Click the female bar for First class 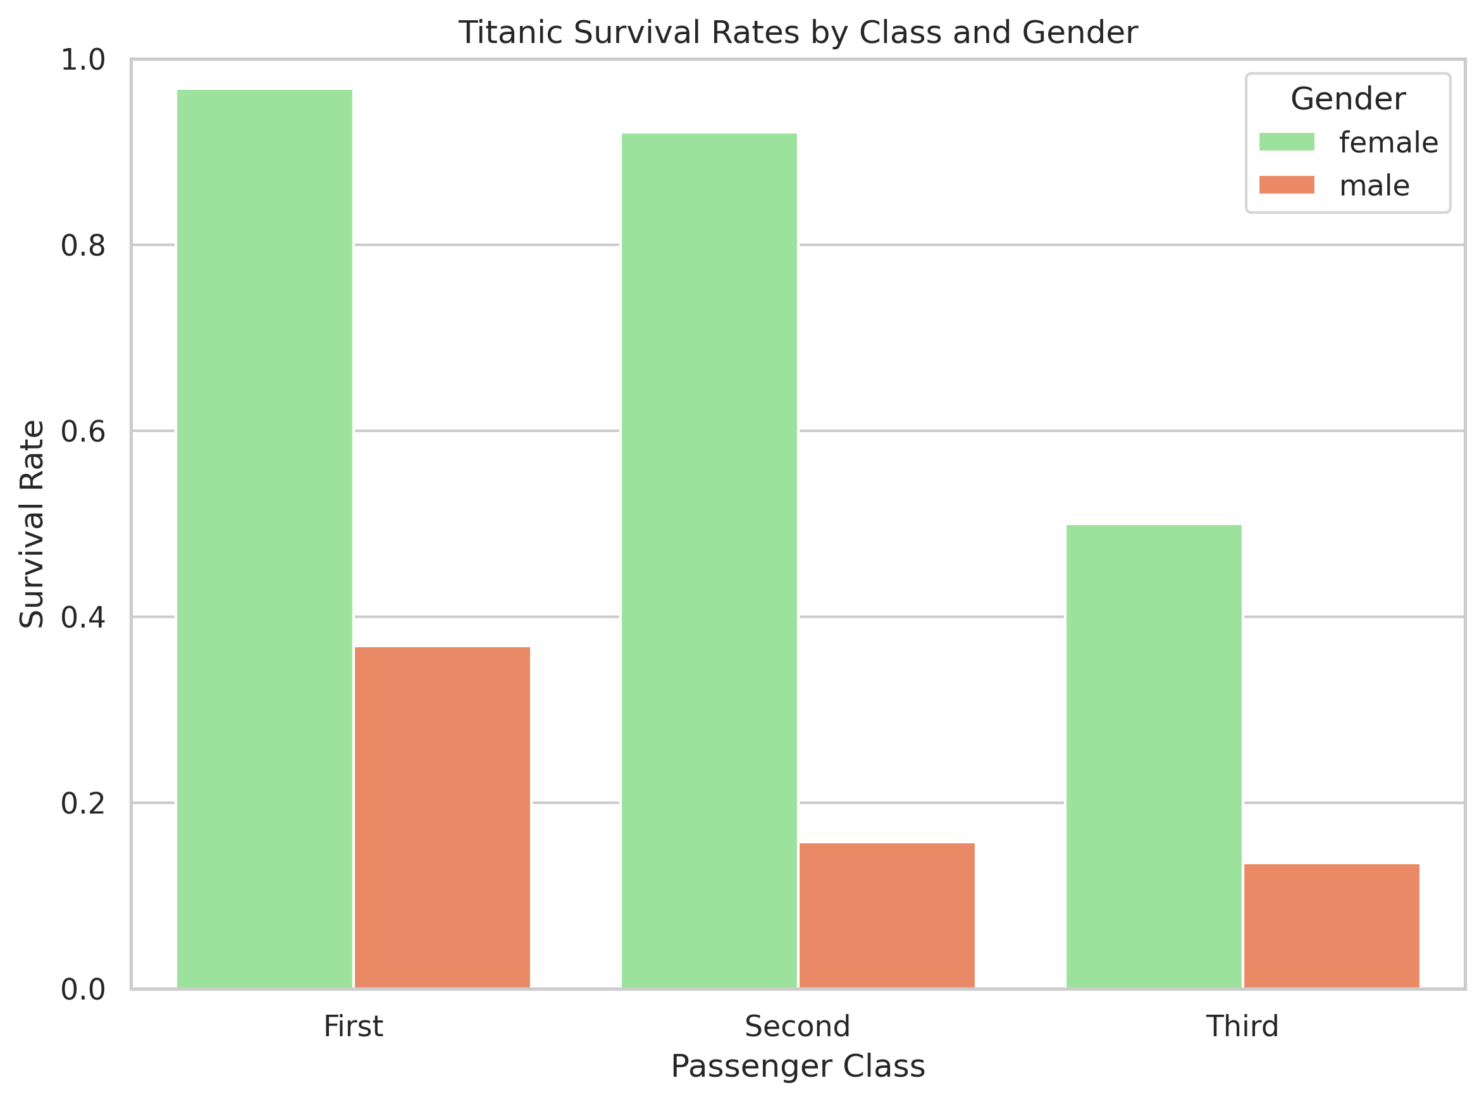click(264, 539)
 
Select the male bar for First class click(442, 817)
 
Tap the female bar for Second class click(709, 560)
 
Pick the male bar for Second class click(887, 915)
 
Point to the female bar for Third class click(1154, 757)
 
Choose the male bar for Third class click(1332, 926)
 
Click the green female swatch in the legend click(1287, 142)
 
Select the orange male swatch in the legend click(1287, 185)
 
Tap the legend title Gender click(1348, 99)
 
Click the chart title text click(798, 33)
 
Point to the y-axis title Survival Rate click(32, 524)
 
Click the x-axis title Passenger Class click(798, 1066)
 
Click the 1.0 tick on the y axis click(83, 60)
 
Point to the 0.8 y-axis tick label click(83, 245)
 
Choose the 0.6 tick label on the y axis click(83, 431)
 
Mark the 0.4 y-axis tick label click(83, 617)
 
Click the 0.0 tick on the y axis click(83, 989)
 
